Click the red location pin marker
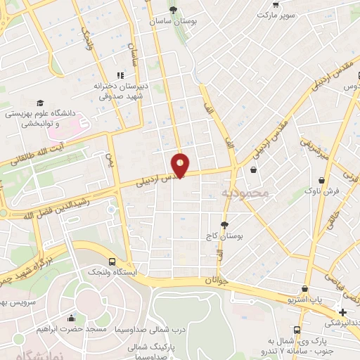[181, 165]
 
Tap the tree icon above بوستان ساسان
[173, 10]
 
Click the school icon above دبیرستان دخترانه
[120, 75]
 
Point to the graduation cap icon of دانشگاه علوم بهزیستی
[40, 103]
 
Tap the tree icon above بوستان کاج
[224, 225]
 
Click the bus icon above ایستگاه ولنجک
[112, 261]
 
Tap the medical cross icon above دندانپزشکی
[342, 312]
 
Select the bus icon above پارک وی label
[297, 329]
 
